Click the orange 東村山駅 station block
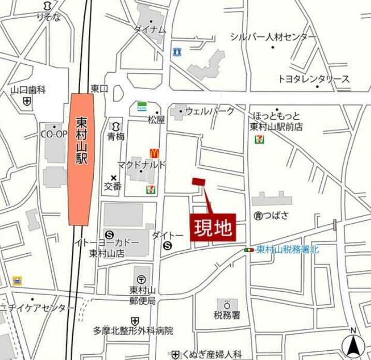pos(82,159)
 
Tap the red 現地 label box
pos(214,227)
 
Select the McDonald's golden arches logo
pos(154,153)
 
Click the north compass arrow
pos(353,345)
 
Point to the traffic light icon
pos(249,250)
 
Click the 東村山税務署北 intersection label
pos(288,250)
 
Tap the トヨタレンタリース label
pos(314,79)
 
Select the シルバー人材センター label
pos(273,37)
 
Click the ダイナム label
pos(150,30)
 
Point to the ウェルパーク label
pos(210,111)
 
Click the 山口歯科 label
pos(28,90)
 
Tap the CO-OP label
pos(54,134)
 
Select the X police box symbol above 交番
pos(114,178)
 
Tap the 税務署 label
pos(227,314)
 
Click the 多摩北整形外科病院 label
pos(133,330)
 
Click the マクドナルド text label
pos(141,165)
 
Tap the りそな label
pos(48,18)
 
